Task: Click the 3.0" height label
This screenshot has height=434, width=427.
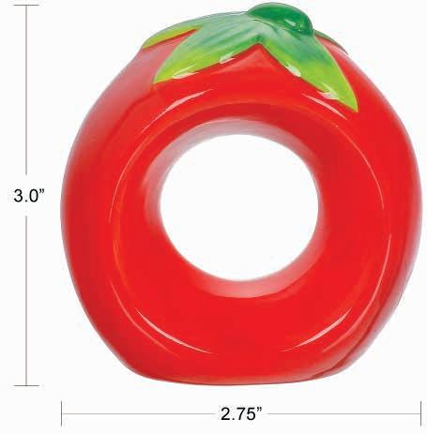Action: point(29,196)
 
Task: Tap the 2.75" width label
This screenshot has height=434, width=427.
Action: point(241,414)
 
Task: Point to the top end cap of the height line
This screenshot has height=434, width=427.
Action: point(26,6)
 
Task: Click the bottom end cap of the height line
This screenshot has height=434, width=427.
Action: point(26,385)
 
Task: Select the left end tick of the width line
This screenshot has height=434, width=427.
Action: point(62,413)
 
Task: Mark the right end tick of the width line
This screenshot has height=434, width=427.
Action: point(420,413)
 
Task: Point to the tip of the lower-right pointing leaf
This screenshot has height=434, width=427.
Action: point(356,111)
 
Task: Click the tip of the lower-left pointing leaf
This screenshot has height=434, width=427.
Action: point(155,82)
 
